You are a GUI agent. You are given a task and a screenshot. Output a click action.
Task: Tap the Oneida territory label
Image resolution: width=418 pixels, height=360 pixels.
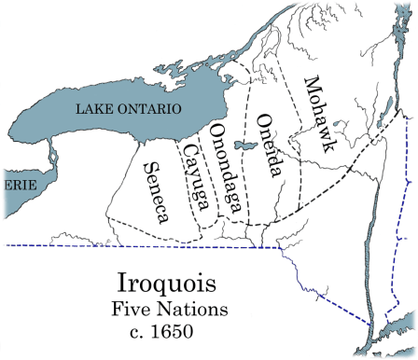pyautogui.click(x=267, y=145)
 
